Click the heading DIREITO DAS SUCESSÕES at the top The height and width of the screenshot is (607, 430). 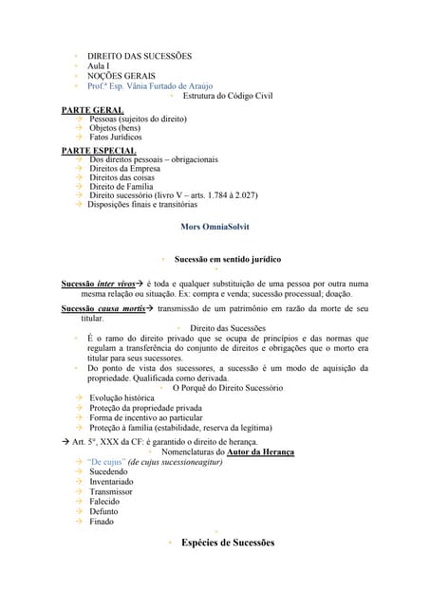point(139,57)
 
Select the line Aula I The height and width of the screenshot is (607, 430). point(98,66)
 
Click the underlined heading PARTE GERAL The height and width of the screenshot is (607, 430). point(93,110)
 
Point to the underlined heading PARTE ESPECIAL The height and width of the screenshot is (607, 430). point(99,150)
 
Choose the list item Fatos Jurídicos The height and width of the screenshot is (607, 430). point(116,137)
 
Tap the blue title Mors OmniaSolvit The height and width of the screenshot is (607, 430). point(215,228)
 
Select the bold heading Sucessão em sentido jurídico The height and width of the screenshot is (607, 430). point(227,259)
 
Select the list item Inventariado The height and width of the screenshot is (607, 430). point(112,482)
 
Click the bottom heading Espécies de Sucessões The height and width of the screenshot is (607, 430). point(227,543)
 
